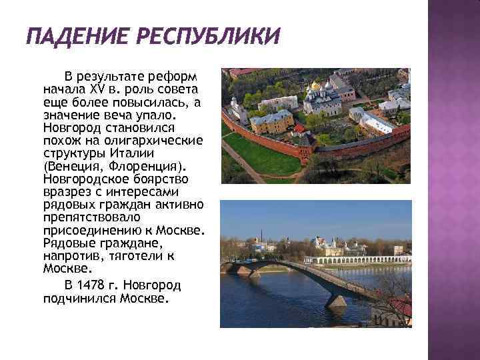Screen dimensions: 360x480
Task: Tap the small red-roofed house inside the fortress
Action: pos(300,128)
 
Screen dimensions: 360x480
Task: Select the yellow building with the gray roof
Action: pos(271,121)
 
